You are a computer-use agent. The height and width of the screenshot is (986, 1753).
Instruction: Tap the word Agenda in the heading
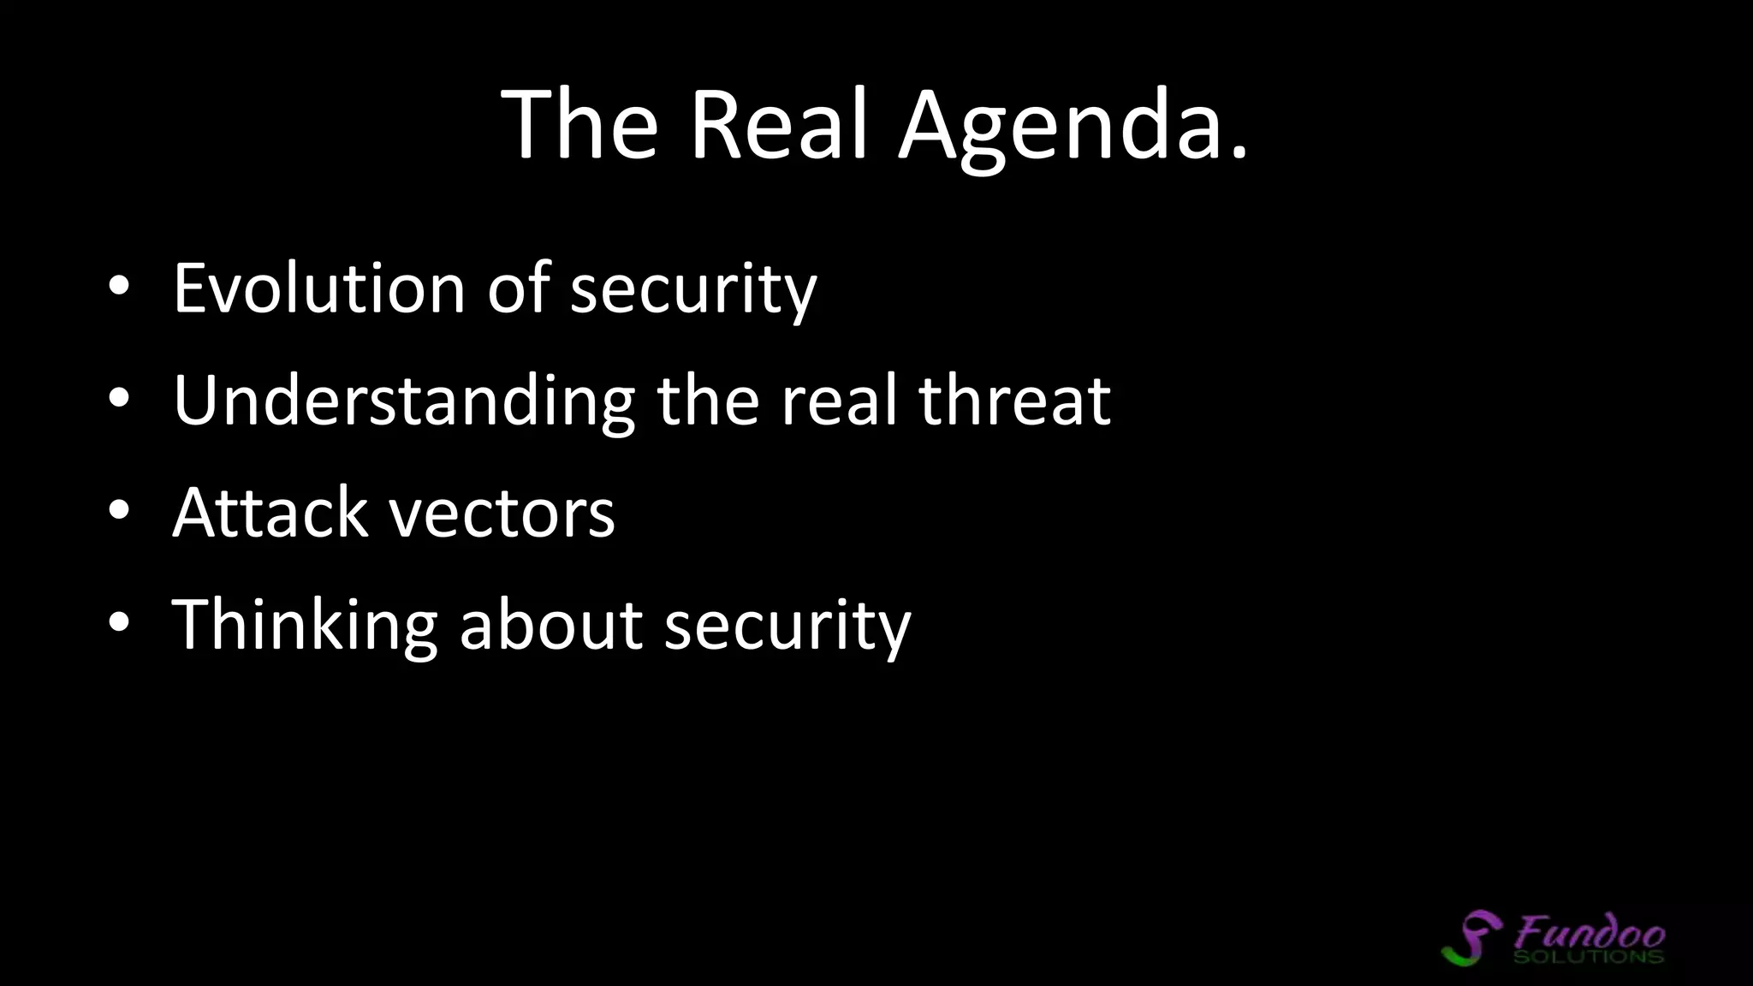coord(1061,128)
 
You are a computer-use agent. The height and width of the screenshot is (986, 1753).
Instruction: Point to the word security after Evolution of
coord(693,291)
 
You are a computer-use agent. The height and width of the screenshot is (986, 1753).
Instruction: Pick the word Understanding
coord(403,402)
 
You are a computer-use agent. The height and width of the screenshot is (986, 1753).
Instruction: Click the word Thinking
coord(305,627)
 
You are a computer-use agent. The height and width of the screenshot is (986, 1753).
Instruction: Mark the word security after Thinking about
coord(787,629)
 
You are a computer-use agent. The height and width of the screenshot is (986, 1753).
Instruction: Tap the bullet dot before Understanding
coord(119,400)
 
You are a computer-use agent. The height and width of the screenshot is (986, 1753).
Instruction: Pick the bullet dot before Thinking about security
coord(119,624)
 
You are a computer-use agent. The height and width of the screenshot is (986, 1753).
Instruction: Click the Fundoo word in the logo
coord(1590,931)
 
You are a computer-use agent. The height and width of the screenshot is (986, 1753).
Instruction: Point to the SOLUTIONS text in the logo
coord(1588,956)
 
